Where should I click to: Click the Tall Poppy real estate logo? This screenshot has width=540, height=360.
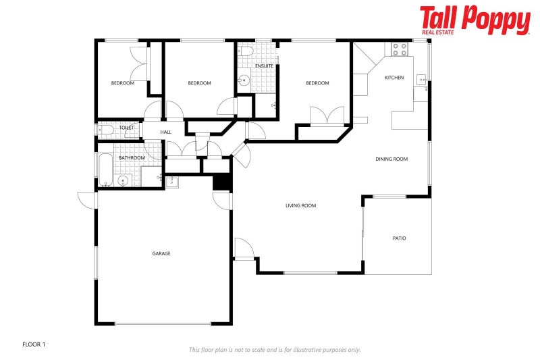tap(475, 20)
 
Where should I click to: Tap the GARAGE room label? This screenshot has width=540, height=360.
tap(161, 253)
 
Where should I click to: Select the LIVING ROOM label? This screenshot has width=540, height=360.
tap(300, 205)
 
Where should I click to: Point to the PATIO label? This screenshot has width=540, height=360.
tap(399, 238)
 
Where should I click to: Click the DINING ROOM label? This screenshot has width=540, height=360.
tap(391, 159)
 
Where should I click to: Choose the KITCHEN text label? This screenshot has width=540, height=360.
tap(394, 78)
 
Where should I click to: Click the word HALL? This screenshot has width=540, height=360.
tap(165, 132)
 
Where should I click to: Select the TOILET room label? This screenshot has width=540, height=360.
tap(126, 128)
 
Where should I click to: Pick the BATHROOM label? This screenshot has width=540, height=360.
tap(132, 157)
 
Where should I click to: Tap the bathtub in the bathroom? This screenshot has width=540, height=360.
tap(105, 169)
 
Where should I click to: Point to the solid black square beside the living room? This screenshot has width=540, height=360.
tap(221, 182)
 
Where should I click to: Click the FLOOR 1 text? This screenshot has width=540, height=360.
tap(34, 344)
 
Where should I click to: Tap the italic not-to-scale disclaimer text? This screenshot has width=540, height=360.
tap(274, 349)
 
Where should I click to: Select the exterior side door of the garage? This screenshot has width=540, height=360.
tap(87, 199)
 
